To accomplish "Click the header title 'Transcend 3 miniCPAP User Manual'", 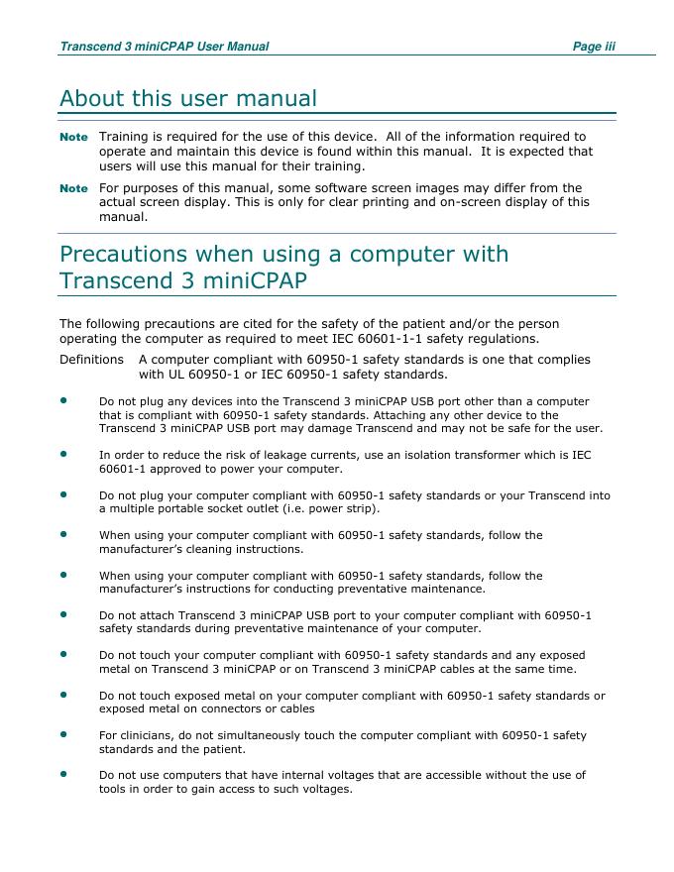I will pyautogui.click(x=164, y=47).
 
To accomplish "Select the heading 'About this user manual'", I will pyautogui.click(x=188, y=99).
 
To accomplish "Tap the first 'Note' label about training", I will pyautogui.click(x=73, y=137).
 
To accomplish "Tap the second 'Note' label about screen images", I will pyautogui.click(x=73, y=188).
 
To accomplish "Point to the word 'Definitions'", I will pyautogui.click(x=91, y=360).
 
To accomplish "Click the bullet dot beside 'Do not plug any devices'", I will pyautogui.click(x=63, y=400).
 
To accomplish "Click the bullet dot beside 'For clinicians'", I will pyautogui.click(x=63, y=734).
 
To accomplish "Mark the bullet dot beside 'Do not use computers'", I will pyautogui.click(x=63, y=774).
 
